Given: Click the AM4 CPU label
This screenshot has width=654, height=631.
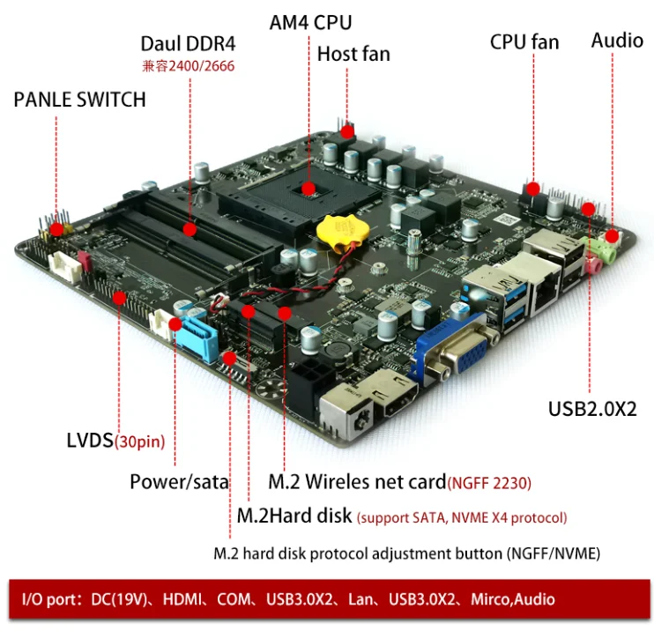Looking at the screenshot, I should point(310,22).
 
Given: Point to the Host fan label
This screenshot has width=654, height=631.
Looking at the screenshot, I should point(353,54).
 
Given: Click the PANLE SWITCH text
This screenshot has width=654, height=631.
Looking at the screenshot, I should point(79,100).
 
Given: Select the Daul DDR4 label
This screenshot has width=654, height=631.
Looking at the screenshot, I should point(189,44).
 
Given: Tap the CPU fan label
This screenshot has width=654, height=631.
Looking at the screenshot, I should point(524,41).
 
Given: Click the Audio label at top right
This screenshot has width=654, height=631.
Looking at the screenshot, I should point(617,40).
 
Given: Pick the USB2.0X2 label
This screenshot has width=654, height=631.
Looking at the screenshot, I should point(592,409).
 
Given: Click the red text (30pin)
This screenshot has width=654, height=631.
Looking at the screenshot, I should point(139,441).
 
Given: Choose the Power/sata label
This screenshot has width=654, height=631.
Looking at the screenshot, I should point(179,481).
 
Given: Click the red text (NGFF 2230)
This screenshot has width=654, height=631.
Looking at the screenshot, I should point(489,482).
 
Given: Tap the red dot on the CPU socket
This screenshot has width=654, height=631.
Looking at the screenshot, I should point(309,188).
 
